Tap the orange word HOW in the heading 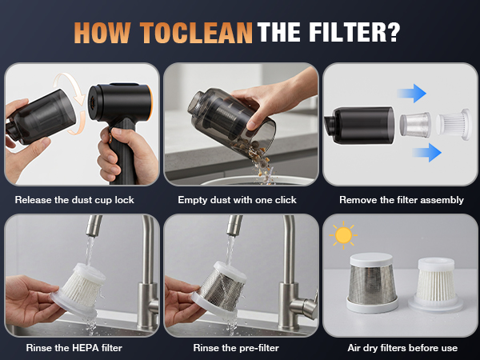pos(104,32)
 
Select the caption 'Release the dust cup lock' pos(75,200)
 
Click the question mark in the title pos(393,32)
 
